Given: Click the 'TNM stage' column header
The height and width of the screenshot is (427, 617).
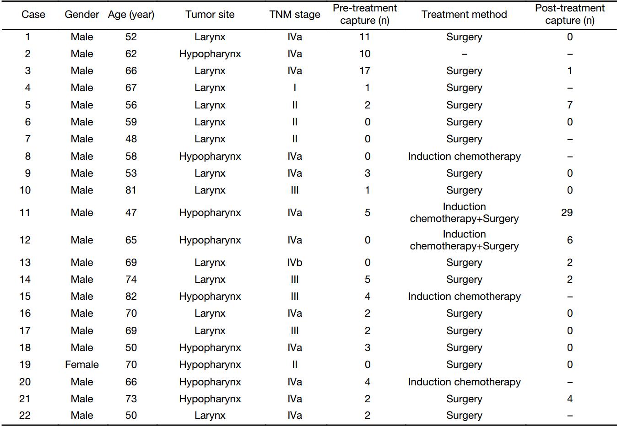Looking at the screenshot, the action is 295,14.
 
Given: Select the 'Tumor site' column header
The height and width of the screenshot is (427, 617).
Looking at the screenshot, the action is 210,14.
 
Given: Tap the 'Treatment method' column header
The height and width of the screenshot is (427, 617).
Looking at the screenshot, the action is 464,14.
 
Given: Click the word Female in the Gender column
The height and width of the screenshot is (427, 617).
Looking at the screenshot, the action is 82,364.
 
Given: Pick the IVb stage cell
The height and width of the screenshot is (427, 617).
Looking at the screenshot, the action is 295,262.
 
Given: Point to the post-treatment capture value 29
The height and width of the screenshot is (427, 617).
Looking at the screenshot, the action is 567,212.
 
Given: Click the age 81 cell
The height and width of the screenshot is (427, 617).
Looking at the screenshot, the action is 131,190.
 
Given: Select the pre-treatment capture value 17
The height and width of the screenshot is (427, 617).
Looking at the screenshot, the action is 365,70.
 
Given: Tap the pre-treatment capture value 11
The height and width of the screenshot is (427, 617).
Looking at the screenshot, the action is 365,37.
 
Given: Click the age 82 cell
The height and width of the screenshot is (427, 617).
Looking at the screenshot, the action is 131,296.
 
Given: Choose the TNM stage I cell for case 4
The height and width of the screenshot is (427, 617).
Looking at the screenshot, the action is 295,87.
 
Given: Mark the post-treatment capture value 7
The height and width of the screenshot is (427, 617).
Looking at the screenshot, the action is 570,105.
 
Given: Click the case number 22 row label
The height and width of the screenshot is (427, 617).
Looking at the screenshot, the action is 25,415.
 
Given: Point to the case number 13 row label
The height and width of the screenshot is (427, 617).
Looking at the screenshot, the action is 25,262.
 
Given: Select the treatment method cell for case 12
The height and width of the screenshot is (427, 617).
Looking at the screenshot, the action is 464,240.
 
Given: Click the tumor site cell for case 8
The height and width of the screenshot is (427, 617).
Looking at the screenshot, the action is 210,156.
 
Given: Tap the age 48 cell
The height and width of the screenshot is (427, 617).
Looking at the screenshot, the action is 131,139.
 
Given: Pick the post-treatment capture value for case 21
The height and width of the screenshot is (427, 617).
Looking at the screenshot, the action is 570,399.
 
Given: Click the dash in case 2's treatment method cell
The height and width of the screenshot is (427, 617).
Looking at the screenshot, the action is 464,54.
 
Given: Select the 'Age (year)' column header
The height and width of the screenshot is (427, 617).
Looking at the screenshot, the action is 131,14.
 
